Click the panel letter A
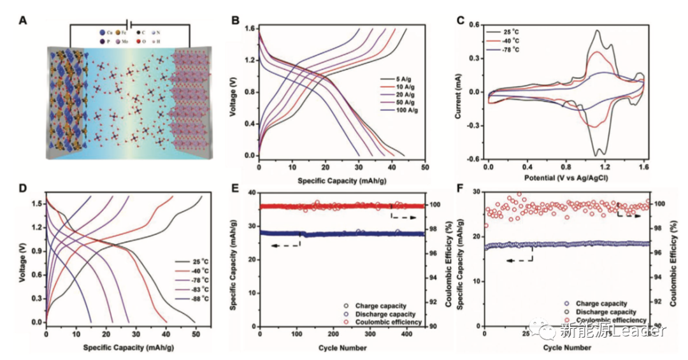coord(24,20)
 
